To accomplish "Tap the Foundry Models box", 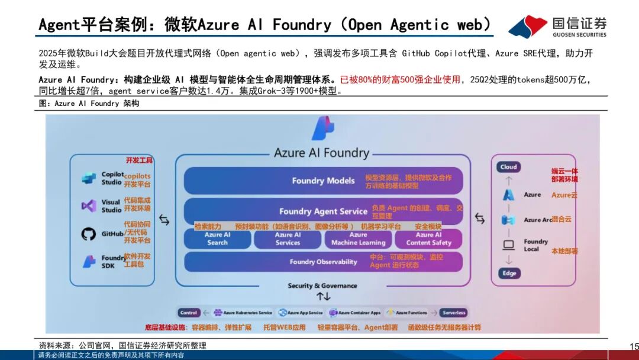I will (x=323, y=181).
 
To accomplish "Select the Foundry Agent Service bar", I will (x=323, y=211).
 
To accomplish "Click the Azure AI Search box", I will (x=217, y=239).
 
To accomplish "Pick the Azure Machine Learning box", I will (x=358, y=239).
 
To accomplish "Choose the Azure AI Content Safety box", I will (x=428, y=239).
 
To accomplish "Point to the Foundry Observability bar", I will (x=323, y=262).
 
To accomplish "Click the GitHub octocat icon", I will (x=89, y=234).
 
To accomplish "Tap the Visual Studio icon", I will (x=89, y=205).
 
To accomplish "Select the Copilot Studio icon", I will (x=89, y=178).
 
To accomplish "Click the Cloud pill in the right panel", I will (x=508, y=167).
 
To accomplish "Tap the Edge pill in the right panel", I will (x=509, y=273).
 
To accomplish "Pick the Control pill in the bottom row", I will (x=189, y=313).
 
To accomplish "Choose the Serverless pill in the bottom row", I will (x=454, y=313).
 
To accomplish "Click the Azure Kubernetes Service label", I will (x=247, y=313).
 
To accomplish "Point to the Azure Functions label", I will (x=411, y=313).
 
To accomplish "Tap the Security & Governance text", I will (x=322, y=285).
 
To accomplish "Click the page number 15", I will (x=634, y=346).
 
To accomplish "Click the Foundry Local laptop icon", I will (x=508, y=245).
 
